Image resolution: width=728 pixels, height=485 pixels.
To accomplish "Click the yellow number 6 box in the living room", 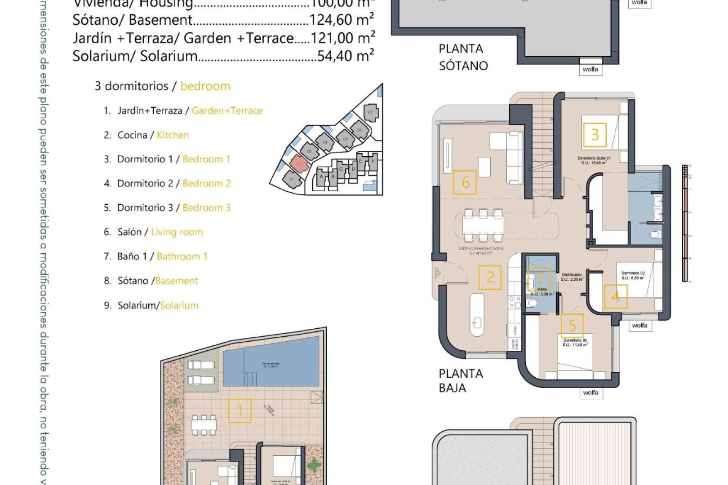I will [x=465, y=182].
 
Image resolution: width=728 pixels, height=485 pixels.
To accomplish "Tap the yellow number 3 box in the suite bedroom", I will [x=595, y=135].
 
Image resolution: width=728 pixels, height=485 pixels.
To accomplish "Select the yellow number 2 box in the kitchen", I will [x=490, y=278].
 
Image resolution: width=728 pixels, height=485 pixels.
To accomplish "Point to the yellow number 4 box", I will [x=616, y=296].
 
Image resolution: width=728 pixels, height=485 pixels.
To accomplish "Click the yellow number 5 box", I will [x=572, y=325].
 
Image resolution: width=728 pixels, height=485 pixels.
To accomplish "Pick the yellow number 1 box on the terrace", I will [x=240, y=410].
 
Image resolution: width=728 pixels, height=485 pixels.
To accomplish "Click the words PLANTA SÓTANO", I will [x=463, y=57].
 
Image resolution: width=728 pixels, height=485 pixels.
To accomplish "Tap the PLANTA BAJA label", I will [x=461, y=380].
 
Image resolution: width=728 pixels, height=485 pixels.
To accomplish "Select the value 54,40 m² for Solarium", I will [x=345, y=56].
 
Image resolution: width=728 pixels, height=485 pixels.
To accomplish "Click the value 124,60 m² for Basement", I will [x=342, y=20].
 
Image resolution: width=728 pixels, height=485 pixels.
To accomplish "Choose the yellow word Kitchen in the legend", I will [x=173, y=135].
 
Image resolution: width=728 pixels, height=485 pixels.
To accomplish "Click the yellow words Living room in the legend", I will [x=177, y=232].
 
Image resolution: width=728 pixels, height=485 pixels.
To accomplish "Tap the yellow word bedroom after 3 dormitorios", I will [x=205, y=86].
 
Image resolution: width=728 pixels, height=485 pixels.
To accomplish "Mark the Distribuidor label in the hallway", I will [x=572, y=275].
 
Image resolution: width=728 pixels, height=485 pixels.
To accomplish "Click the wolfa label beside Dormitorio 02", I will [x=639, y=326].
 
